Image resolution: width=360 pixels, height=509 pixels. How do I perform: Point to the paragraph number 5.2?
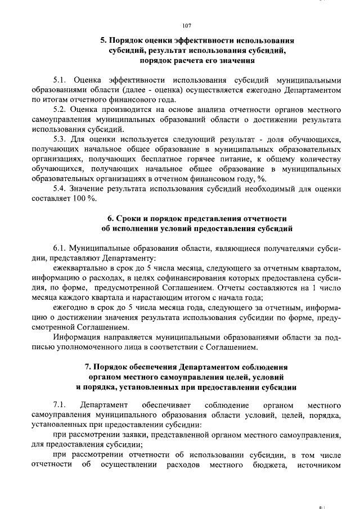pos(60,110)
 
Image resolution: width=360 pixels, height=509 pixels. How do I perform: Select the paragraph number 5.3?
pos(60,139)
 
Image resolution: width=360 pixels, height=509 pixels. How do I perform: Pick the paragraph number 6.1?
pos(60,247)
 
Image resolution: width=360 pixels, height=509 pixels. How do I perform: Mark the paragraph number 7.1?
pos(60,404)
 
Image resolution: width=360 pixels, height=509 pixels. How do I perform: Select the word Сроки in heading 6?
pos(129,218)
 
